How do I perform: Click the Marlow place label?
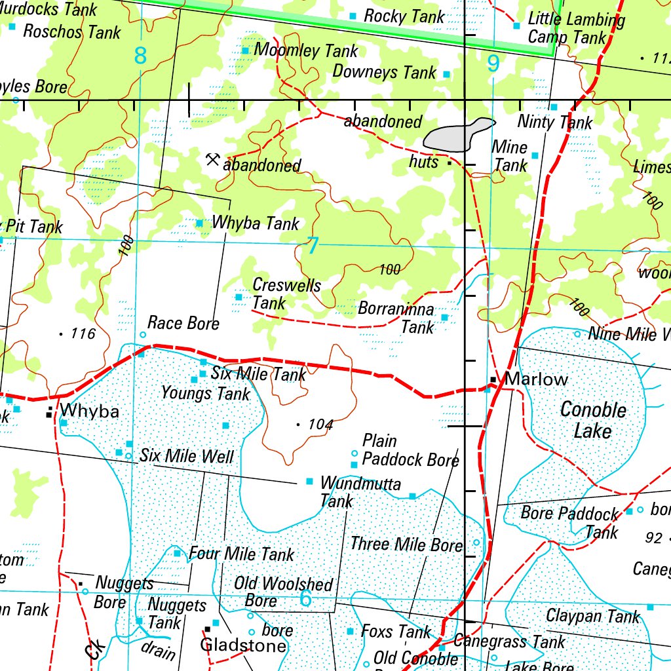(537, 379)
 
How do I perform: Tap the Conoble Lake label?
(593, 421)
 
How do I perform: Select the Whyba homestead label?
(90, 412)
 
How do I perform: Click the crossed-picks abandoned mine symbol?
(212, 159)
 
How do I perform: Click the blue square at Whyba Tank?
(200, 223)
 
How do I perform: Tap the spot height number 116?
(83, 334)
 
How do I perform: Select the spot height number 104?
(320, 425)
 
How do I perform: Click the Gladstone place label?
(243, 645)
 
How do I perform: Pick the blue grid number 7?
(313, 246)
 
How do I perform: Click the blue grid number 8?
(140, 56)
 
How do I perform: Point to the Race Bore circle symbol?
(143, 335)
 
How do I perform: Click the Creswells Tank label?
(286, 294)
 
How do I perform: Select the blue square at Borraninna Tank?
(444, 317)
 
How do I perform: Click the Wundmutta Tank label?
(360, 492)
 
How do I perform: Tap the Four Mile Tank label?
(241, 554)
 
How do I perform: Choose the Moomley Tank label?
(305, 50)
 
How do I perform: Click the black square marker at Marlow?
(493, 379)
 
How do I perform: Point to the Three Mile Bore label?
(406, 544)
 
